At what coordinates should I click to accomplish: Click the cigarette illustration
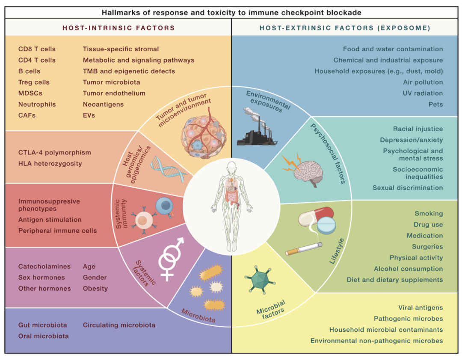(304, 249)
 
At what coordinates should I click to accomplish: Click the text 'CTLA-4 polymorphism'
(55, 152)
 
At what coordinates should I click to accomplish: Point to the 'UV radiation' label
(423, 93)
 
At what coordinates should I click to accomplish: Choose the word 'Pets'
(435, 104)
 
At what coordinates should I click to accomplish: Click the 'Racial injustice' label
(418, 129)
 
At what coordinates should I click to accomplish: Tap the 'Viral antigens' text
(421, 308)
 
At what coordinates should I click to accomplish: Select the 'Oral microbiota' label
(43, 336)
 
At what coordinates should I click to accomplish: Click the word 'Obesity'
(95, 289)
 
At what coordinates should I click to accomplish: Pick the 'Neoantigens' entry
(103, 104)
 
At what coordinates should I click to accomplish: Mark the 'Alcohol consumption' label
(408, 269)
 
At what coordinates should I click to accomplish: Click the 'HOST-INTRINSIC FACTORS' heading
(118, 28)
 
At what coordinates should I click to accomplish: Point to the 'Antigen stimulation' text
(50, 220)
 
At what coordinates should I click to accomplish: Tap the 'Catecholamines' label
(44, 266)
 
